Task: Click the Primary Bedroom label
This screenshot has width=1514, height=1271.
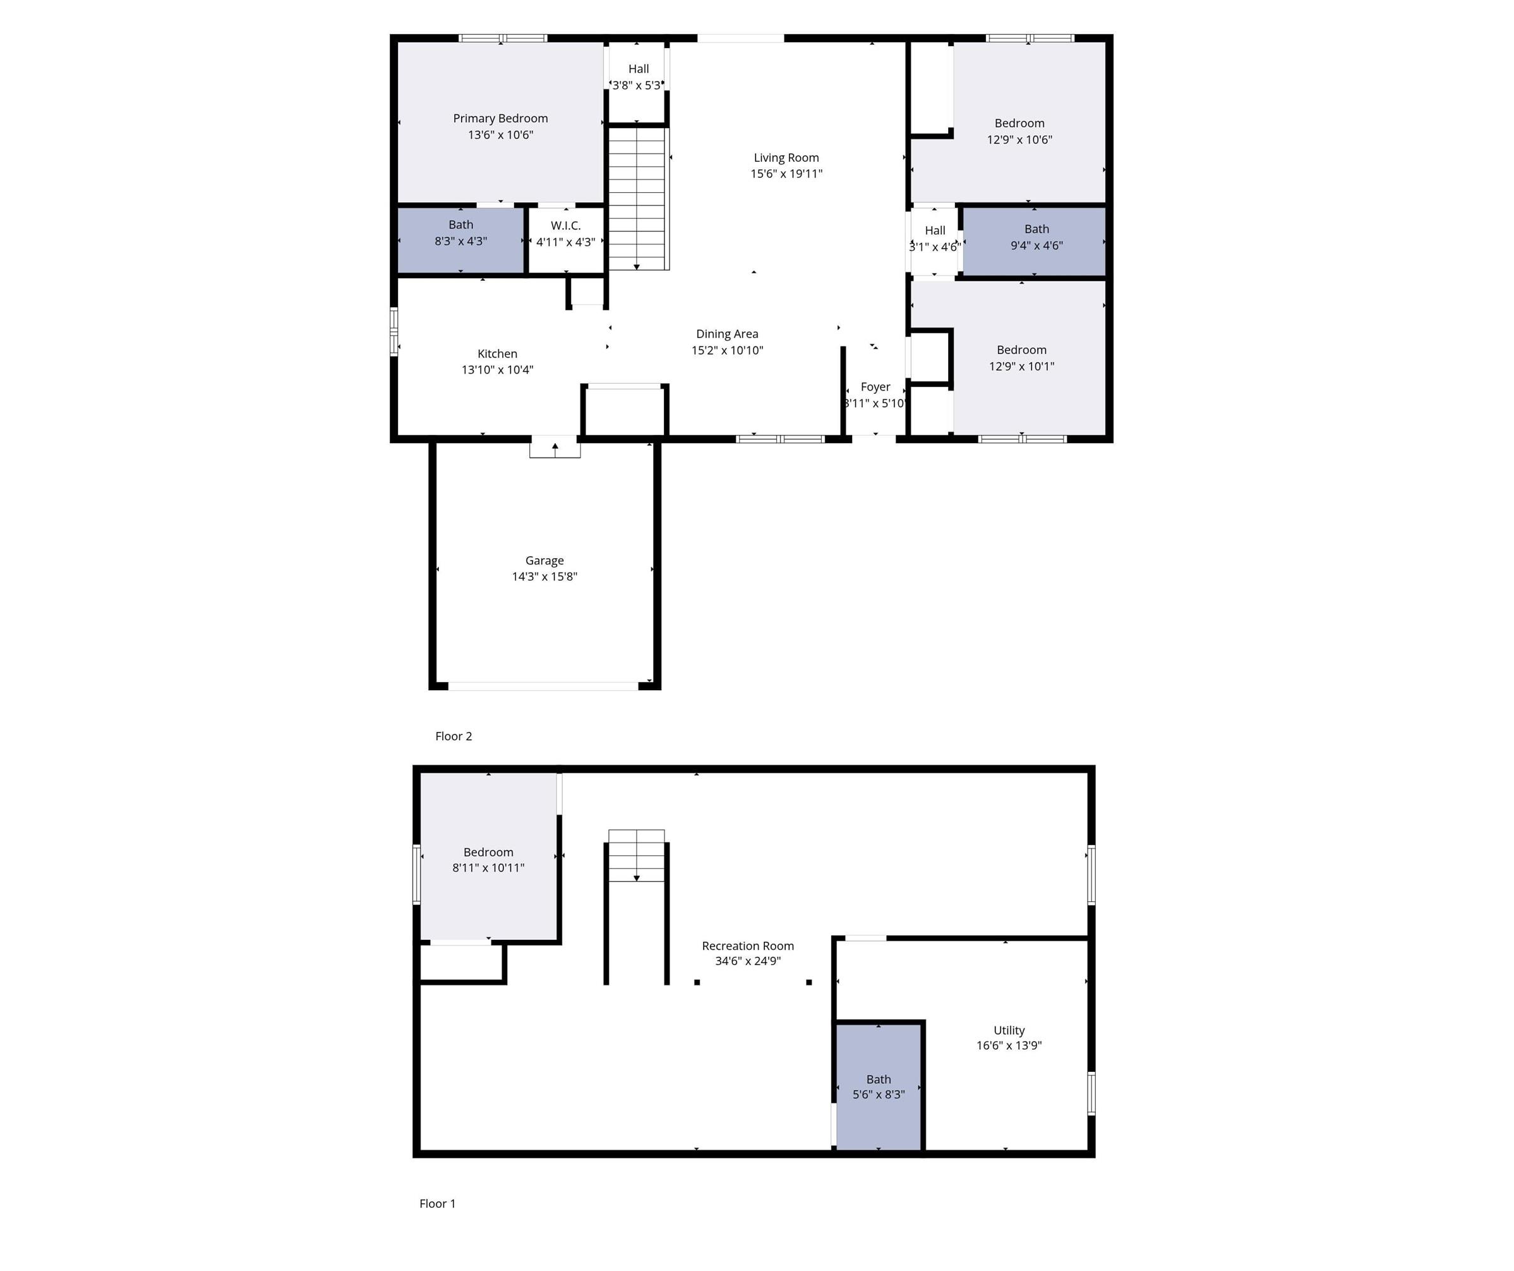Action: pyautogui.click(x=500, y=118)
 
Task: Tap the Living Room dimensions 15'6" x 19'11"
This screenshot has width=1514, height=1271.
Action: pyautogui.click(x=786, y=174)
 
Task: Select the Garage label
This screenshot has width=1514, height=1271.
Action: pyautogui.click(x=544, y=561)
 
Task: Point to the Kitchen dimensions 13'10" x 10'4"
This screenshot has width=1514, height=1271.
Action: pyautogui.click(x=498, y=370)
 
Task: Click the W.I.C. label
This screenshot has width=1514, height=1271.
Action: pyautogui.click(x=565, y=226)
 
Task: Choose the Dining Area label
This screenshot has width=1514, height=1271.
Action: pyautogui.click(x=727, y=334)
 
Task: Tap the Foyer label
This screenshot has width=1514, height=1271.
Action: pyautogui.click(x=875, y=387)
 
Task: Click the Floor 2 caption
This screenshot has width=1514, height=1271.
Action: pyautogui.click(x=454, y=736)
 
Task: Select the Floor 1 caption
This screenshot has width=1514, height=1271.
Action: pyautogui.click(x=438, y=1203)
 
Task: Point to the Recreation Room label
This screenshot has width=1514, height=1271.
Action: pyautogui.click(x=748, y=946)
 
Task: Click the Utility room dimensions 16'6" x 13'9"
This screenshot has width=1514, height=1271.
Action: pyautogui.click(x=1009, y=1045)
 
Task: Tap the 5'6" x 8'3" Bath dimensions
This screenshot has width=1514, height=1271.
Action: pyautogui.click(x=878, y=1094)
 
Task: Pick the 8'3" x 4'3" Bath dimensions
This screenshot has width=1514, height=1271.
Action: pyautogui.click(x=460, y=241)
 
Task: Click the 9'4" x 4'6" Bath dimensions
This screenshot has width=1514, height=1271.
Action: pyautogui.click(x=1036, y=245)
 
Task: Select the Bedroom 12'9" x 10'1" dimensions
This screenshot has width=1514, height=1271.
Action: pyautogui.click(x=1021, y=367)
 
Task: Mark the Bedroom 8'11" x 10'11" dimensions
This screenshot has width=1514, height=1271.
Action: pyautogui.click(x=488, y=868)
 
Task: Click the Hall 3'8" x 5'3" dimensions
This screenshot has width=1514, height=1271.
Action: pyautogui.click(x=637, y=85)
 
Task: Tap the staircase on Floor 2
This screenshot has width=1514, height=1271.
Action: pyautogui.click(x=637, y=198)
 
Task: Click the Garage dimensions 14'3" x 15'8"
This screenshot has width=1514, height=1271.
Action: pyautogui.click(x=544, y=576)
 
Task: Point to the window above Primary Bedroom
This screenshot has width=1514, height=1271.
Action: pyautogui.click(x=503, y=38)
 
